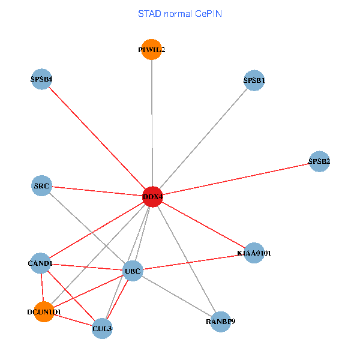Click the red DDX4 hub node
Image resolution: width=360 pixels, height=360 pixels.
tap(152, 197)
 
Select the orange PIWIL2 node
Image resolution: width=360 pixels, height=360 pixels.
tap(152, 49)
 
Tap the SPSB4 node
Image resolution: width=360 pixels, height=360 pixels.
tap(41, 79)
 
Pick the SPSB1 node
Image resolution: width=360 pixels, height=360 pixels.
tap(254, 80)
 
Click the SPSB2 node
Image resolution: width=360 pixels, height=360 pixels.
tap(319, 161)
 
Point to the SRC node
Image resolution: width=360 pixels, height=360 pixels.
tap(41, 185)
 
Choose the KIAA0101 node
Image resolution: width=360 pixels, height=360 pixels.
tap(254, 253)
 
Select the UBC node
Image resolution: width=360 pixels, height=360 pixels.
tap(133, 271)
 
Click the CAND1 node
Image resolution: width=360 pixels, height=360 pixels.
tap(40, 263)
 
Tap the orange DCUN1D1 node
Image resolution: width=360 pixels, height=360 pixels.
tap(44, 311)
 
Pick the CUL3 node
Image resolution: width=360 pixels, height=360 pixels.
tap(102, 328)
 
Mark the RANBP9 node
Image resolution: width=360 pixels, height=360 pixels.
tap(220, 322)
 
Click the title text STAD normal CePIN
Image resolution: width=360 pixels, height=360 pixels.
tap(180, 14)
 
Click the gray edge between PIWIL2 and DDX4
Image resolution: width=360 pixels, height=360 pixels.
tap(152, 123)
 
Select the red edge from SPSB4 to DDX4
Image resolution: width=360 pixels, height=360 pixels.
tap(97, 138)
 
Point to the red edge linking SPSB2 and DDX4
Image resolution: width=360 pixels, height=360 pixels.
tap(236, 179)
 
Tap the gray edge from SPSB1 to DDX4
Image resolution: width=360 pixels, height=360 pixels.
tap(203, 139)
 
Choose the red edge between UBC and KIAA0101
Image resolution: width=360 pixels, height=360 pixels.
tap(193, 262)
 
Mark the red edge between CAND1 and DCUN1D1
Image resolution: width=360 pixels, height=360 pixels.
tap(42, 287)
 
